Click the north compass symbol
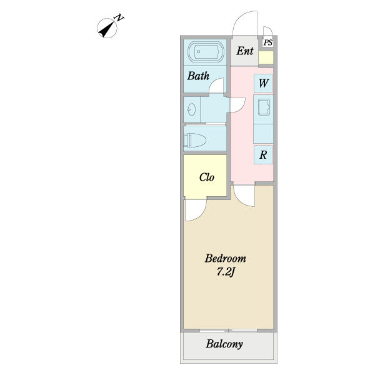coord(107,28)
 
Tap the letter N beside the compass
coord(119,18)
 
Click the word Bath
coord(198,76)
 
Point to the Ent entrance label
coord(245,51)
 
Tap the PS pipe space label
coord(268,42)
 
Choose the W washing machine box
coord(263,83)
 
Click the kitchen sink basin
coord(264,107)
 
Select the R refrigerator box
coord(263,155)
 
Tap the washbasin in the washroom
coord(192,109)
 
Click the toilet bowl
coord(194,140)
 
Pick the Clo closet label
coord(207,177)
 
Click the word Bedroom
coord(225,259)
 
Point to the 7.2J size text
coord(226,272)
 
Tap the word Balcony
coord(224,344)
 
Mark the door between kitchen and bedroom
coord(244,196)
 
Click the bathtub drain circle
coord(198,51)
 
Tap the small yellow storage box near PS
coord(266,57)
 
